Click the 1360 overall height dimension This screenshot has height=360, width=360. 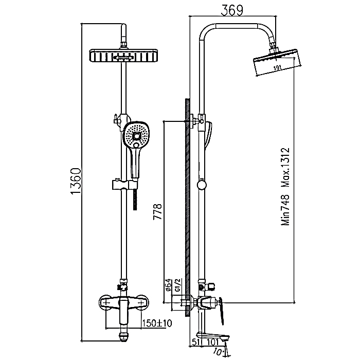[x=76, y=181]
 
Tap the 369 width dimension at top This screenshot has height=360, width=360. [x=232, y=11]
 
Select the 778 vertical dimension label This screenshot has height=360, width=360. [x=158, y=211]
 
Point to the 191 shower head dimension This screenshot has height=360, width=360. [x=277, y=68]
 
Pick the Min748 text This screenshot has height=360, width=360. [x=286, y=210]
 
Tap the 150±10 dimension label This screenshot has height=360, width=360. [x=157, y=323]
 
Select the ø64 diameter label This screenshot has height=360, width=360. [x=168, y=285]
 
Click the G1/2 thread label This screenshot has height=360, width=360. [x=178, y=285]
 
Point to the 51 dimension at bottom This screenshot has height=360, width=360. [x=196, y=343]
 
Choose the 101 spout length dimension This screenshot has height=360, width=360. [x=213, y=343]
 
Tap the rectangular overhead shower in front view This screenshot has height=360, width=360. [x=123, y=56]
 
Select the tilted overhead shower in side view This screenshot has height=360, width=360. [x=277, y=62]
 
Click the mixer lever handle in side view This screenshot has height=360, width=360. [x=221, y=311]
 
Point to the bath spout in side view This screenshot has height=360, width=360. [x=213, y=336]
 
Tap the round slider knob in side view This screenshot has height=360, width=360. [x=202, y=185]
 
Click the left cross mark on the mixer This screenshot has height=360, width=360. [x=106, y=303]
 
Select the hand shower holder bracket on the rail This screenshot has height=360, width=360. [x=124, y=185]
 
